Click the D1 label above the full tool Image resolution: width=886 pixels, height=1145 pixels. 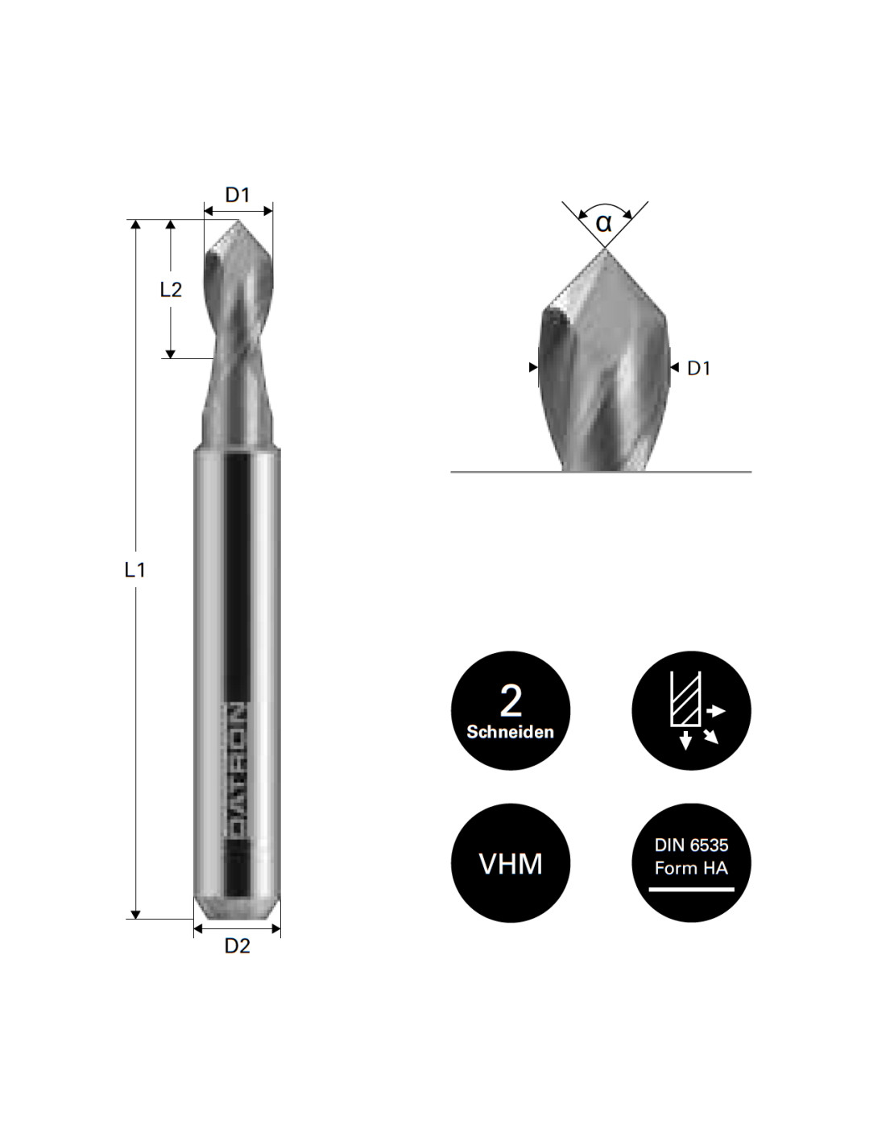237,195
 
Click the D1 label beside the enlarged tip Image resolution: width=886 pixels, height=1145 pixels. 698,368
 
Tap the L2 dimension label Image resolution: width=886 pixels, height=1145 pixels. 171,289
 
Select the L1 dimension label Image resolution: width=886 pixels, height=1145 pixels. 135,569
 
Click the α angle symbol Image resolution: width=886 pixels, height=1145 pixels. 604,223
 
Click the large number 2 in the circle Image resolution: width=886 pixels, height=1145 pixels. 510,701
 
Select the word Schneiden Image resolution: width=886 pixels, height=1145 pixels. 510,732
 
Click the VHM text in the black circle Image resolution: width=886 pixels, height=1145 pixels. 510,864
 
